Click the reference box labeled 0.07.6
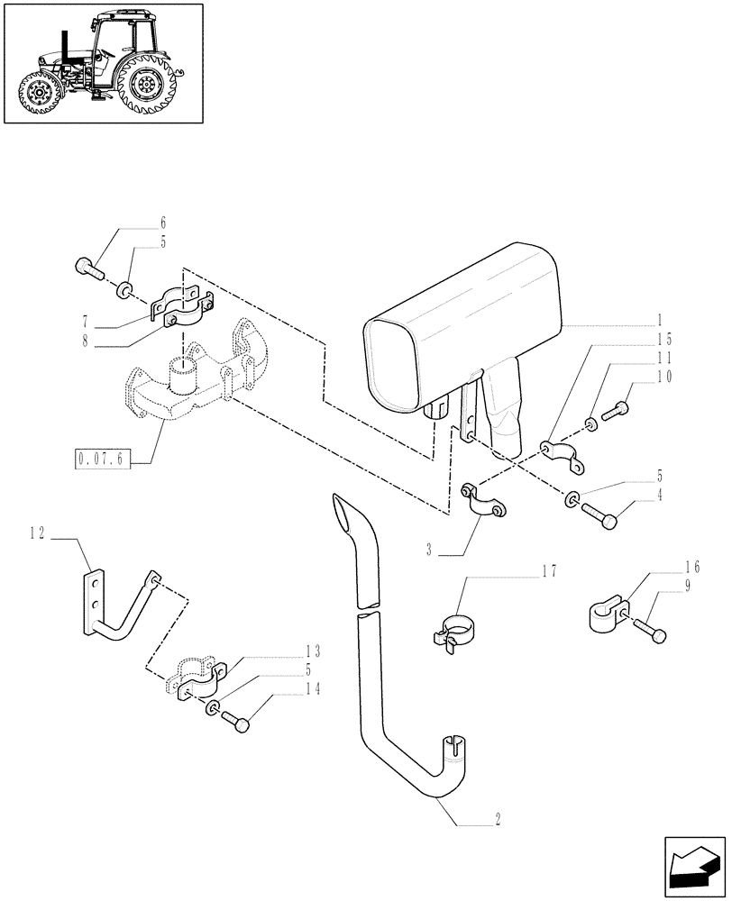[104, 461]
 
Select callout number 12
[36, 533]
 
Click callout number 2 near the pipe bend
[496, 819]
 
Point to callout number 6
[163, 222]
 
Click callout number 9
[688, 587]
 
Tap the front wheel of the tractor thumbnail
[40, 94]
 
